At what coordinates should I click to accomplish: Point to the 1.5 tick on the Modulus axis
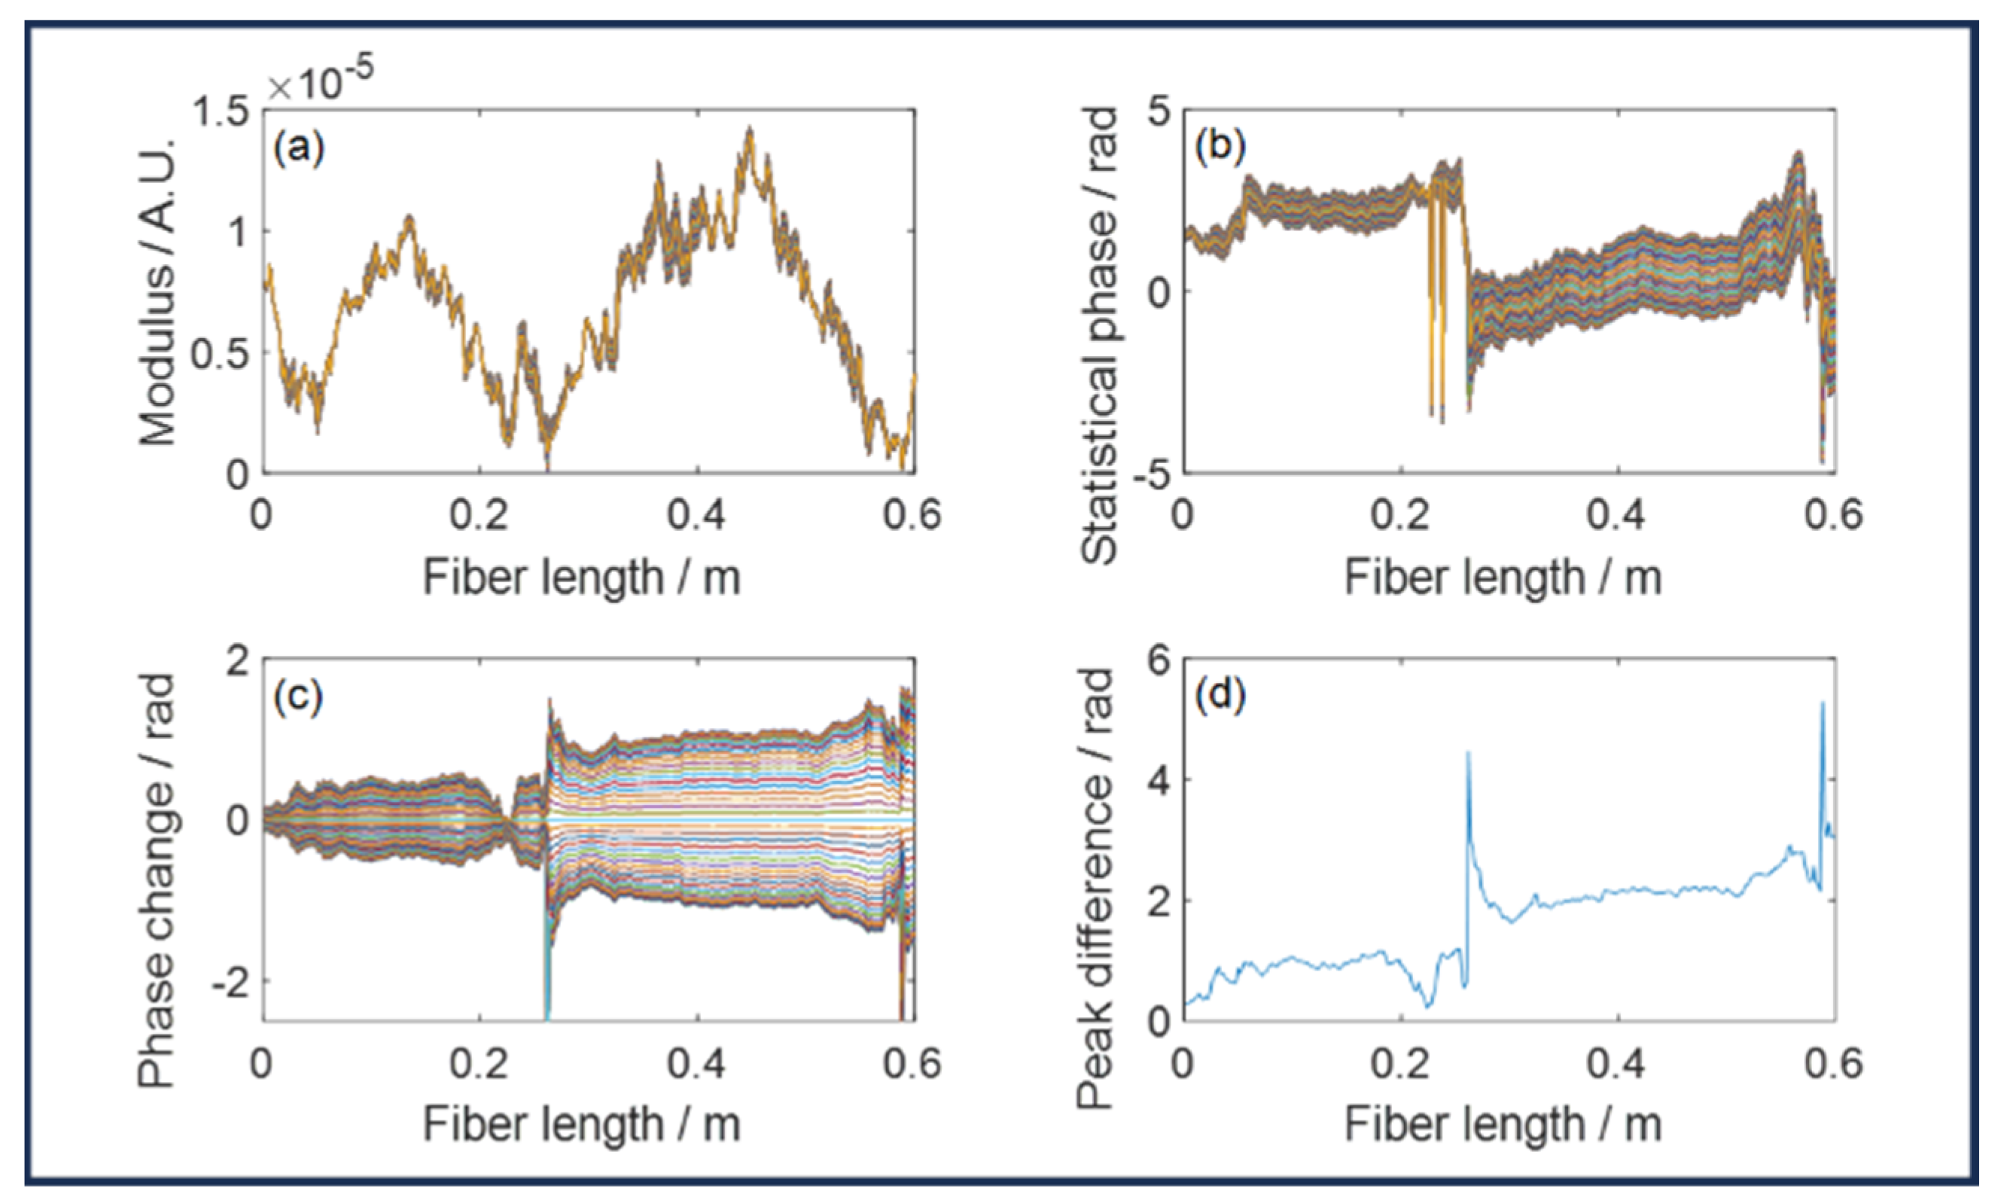[x=220, y=111]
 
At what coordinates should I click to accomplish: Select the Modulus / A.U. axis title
[x=157, y=292]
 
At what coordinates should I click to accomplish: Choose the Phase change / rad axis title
[x=157, y=879]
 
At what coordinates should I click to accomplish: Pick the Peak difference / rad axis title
[x=1095, y=888]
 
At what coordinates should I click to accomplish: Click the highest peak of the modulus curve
[x=750, y=130]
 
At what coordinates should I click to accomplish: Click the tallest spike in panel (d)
[x=1822, y=704]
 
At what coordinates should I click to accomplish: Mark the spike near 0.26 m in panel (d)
[x=1468, y=754]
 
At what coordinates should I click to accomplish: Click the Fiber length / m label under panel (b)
[x=1503, y=578]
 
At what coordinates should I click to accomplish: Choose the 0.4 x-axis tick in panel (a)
[x=696, y=516]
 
